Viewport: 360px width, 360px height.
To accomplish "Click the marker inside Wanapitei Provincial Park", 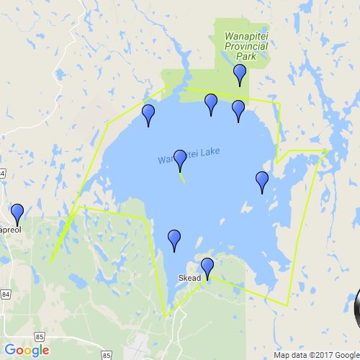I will pyautogui.click(x=240, y=73).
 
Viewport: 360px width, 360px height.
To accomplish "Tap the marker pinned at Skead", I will pyautogui.click(x=207, y=267).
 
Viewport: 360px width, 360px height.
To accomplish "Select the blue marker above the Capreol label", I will pyautogui.click(x=17, y=214).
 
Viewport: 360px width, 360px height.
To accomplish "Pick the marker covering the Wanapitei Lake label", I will pyautogui.click(x=180, y=160).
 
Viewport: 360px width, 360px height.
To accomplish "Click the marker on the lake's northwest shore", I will pyautogui.click(x=148, y=114).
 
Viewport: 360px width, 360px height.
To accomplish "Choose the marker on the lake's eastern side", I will pyautogui.click(x=262, y=181).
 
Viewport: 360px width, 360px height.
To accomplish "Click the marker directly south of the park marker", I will pyautogui.click(x=238, y=110).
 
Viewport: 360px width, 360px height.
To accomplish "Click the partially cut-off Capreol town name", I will pyautogui.click(x=12, y=232).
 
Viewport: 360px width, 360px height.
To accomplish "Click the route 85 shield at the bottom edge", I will pyautogui.click(x=107, y=355).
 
